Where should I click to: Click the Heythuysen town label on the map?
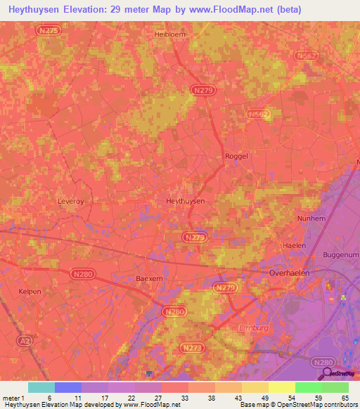click(185, 201)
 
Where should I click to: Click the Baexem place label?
click(149, 278)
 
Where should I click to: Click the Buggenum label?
click(340, 254)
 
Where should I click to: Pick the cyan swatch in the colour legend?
click(41, 387)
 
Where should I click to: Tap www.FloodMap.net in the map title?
click(237, 9)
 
